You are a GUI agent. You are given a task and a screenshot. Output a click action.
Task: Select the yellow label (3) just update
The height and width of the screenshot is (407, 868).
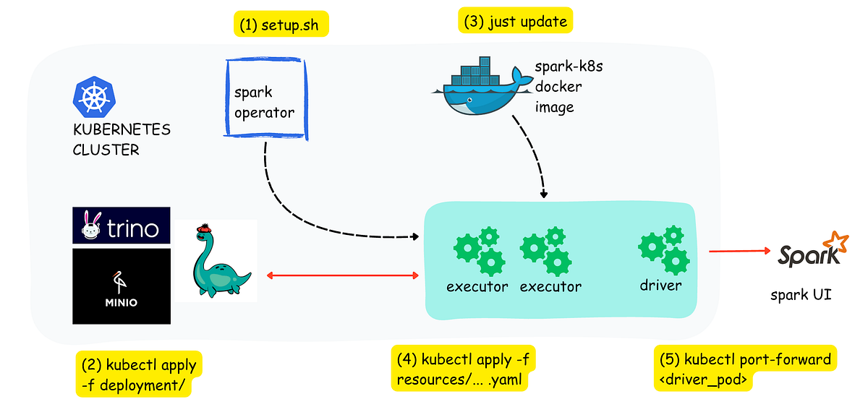click(515, 21)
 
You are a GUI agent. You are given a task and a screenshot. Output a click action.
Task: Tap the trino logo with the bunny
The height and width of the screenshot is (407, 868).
click(121, 226)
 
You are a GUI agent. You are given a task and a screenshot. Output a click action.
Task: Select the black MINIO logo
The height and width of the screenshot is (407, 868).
click(121, 286)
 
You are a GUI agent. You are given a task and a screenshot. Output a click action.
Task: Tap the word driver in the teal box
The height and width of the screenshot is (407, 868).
click(660, 286)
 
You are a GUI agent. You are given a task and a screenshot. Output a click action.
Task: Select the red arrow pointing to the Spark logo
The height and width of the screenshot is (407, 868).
click(739, 252)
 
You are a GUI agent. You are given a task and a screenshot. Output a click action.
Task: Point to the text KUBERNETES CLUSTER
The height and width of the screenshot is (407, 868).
click(121, 140)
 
